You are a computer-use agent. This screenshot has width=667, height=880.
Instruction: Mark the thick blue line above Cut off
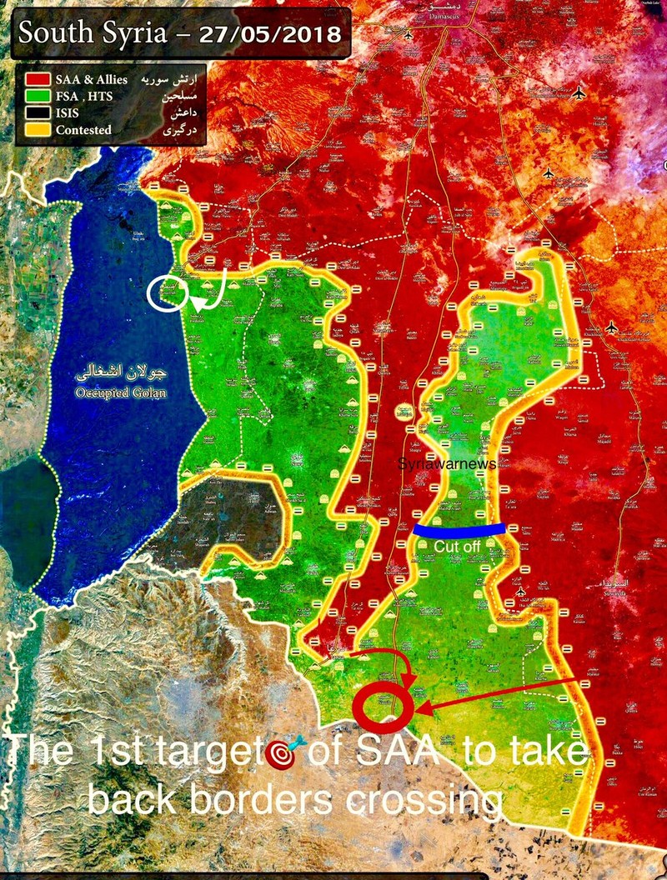[x=458, y=529]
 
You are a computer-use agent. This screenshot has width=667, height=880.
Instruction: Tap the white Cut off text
[x=457, y=546]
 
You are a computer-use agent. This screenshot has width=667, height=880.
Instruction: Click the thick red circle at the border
[x=383, y=707]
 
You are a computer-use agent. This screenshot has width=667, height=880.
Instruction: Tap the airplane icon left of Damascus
[x=408, y=36]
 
